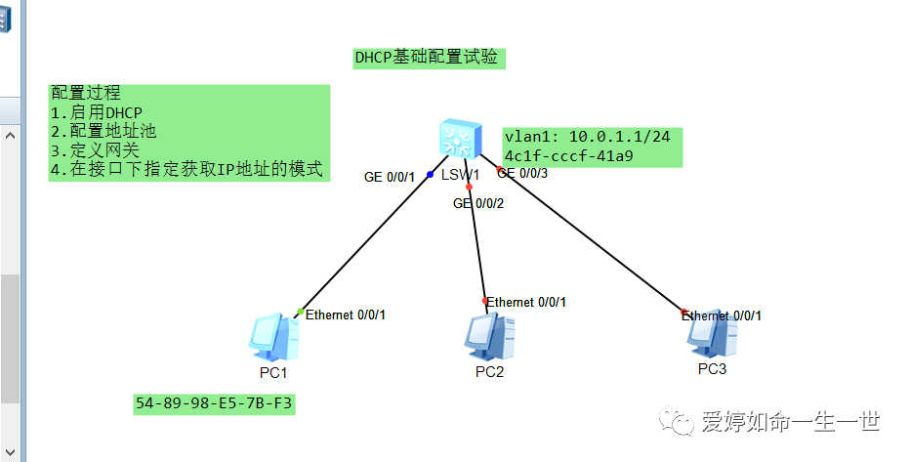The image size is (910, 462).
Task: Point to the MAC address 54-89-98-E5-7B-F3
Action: [214, 403]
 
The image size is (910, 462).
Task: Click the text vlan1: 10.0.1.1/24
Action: [587, 137]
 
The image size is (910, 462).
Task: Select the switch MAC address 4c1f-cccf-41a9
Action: [568, 155]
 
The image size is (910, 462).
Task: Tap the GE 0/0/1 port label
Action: [390, 177]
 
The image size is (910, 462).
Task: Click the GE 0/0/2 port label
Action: [478, 203]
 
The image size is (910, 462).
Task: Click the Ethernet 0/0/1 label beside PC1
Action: [346, 315]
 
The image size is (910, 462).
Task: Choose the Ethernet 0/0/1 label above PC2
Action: [526, 302]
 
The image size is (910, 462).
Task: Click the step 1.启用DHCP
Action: [97, 112]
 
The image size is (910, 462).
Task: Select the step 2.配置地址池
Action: [103, 131]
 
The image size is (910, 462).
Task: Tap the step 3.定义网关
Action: [95, 150]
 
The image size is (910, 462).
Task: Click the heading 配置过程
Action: [86, 94]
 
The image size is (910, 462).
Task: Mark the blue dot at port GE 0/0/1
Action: [430, 174]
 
